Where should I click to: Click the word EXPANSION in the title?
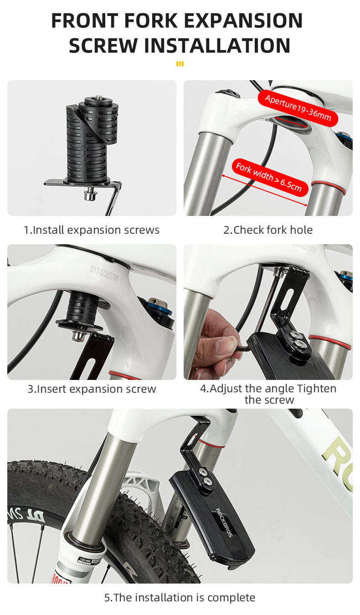point(243,20)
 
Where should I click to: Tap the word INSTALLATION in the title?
point(217,46)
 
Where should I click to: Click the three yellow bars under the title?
point(180,64)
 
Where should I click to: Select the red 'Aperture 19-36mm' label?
point(298,108)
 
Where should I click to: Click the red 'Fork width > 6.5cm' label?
point(270,178)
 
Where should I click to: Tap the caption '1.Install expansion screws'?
point(92,230)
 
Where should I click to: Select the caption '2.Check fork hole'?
point(268,230)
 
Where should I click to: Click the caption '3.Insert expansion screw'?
point(92,389)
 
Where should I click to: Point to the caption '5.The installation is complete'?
point(180,597)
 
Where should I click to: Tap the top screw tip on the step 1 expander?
point(98,97)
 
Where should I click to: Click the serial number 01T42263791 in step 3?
point(104,273)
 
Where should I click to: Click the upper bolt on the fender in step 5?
point(203,472)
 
